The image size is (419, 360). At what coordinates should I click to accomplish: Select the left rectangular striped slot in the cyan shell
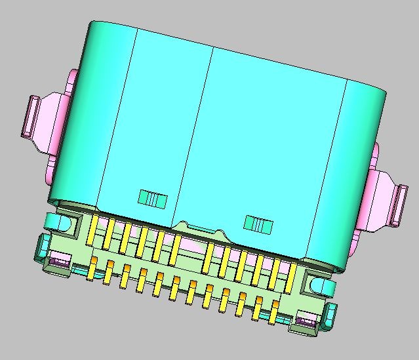(x=152, y=198)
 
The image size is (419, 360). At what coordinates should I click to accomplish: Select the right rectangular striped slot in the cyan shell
(x=258, y=225)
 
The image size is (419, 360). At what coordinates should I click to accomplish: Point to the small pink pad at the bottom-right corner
(x=305, y=321)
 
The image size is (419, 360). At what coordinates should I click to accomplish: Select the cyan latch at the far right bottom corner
(x=330, y=315)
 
